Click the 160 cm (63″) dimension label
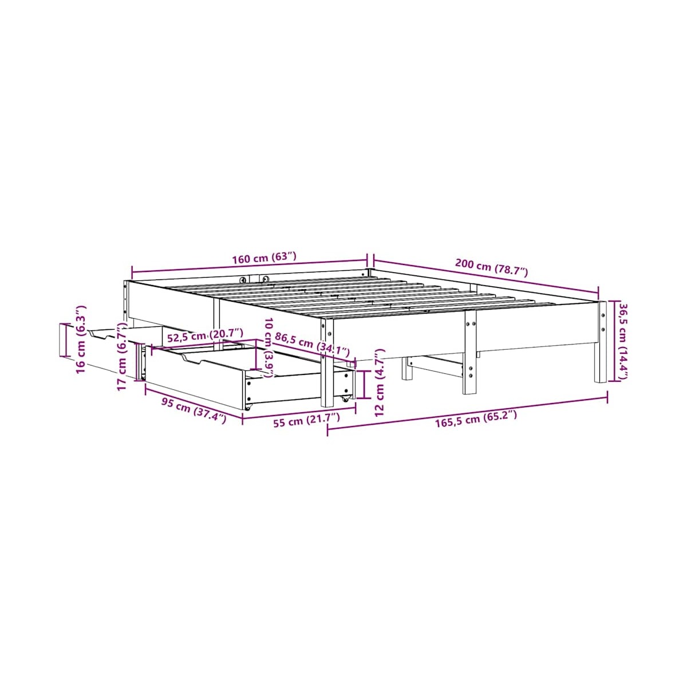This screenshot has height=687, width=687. point(264,258)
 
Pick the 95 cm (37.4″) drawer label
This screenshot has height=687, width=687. point(194,410)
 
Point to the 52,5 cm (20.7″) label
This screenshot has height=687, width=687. point(206,336)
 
